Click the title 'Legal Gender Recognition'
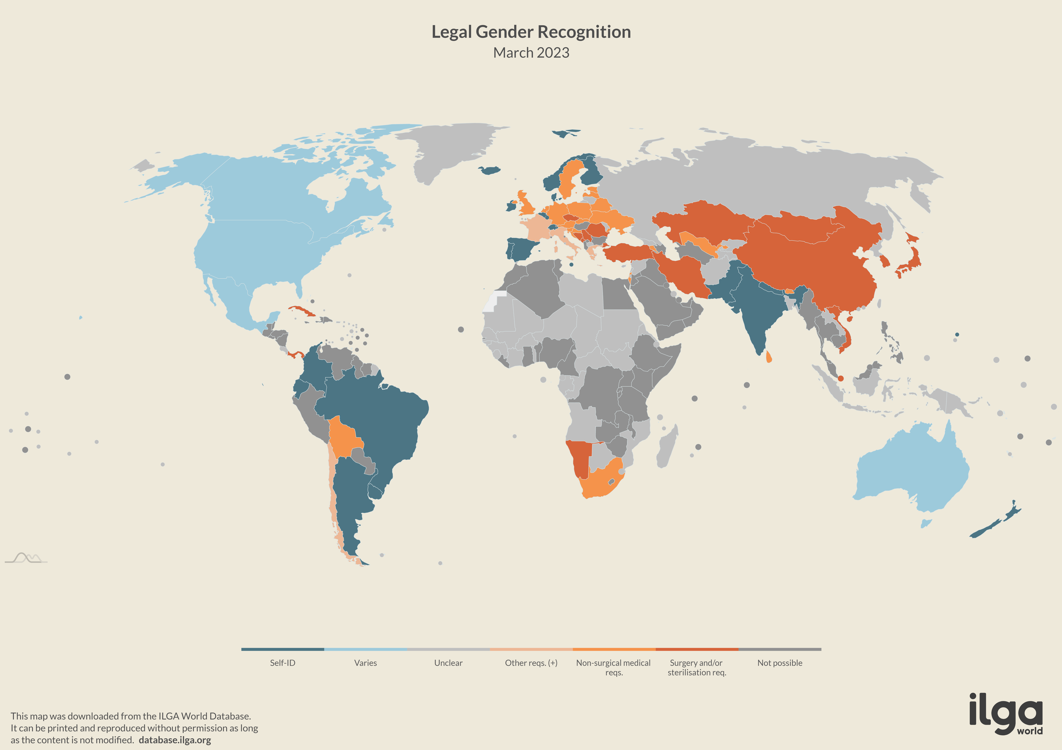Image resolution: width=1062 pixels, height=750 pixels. tap(531, 32)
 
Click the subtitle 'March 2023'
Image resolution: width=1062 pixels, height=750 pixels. tap(531, 53)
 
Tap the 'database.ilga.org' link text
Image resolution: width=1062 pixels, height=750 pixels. tap(175, 740)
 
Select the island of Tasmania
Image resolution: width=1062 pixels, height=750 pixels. tap(926, 523)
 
